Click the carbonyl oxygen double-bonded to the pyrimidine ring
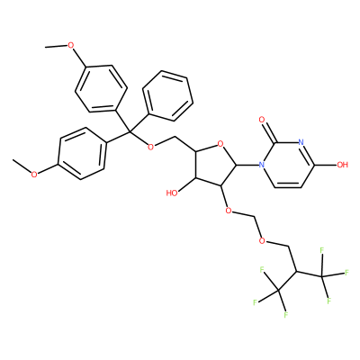point(262,121)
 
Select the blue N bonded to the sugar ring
point(262,165)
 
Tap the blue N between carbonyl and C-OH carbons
point(301,142)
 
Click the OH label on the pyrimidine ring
point(342,165)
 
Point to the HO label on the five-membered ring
point(172,193)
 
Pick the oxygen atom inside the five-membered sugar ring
point(221,145)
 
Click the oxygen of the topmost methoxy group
point(70,45)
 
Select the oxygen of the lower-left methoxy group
point(34,174)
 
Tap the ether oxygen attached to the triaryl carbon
point(151,147)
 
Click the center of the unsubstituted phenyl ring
point(167,96)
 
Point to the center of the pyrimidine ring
point(288,165)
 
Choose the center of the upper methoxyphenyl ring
point(101,88)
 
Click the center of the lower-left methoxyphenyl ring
point(83,154)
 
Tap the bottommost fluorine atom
point(286,315)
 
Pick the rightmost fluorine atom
point(347,273)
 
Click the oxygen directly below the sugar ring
point(229,211)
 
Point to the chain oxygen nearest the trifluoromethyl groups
point(262,240)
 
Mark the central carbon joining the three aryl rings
point(130,132)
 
